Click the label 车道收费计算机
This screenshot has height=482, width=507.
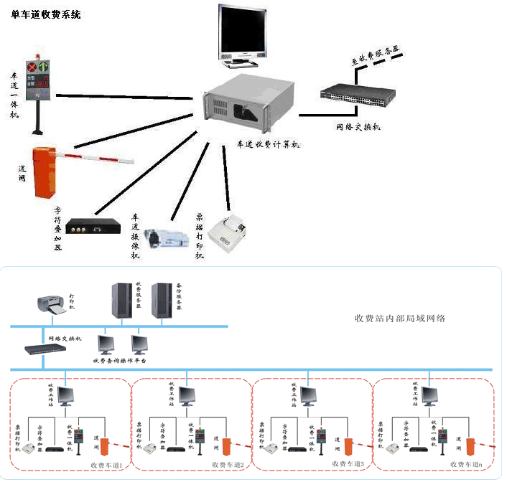pos(269,144)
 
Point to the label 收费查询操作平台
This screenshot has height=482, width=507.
pos(120,361)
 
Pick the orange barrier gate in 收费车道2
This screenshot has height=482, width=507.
pos(225,446)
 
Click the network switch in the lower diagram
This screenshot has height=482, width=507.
pos(45,349)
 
